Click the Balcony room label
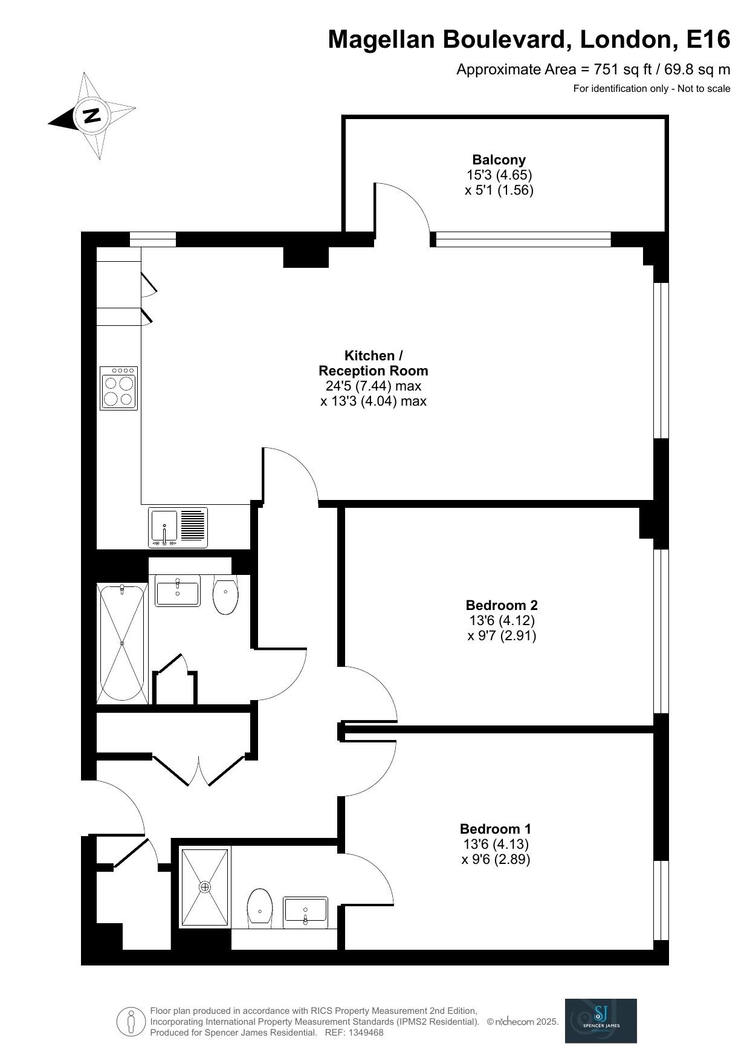coord(499,160)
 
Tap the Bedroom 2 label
coord(502,605)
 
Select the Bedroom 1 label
coord(496,829)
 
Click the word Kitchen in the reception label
coord(369,355)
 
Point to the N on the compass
coord(92,115)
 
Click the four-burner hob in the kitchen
coord(119,389)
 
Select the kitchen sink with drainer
coord(178,527)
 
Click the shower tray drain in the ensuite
coord(205,887)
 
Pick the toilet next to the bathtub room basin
coord(225,595)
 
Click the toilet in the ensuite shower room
coord(260,907)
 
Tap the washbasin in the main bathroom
coord(178,590)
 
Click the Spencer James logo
coord(601,1020)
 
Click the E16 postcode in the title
coord(708,40)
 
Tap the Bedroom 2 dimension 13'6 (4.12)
coord(502,620)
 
